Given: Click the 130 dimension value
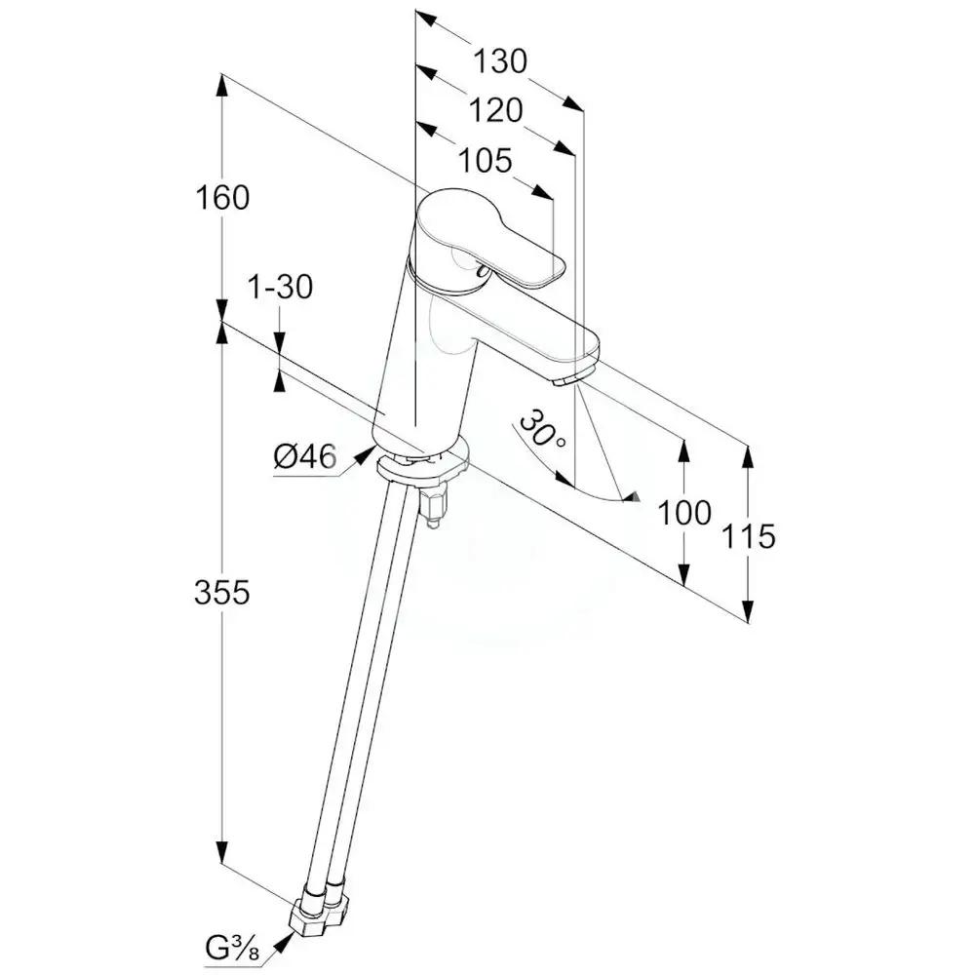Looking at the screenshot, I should point(500,61).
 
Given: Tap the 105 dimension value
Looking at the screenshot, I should point(485,160).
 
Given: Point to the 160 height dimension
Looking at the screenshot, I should point(222,198).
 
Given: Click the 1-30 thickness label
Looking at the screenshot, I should point(280,288).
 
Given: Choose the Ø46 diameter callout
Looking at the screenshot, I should point(304,456).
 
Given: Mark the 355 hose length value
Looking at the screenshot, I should point(222,592).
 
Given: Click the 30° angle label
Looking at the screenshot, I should point(541,430).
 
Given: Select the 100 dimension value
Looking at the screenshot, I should point(683,512).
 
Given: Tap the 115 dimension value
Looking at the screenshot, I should point(749,535).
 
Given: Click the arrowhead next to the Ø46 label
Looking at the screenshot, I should point(362,453).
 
